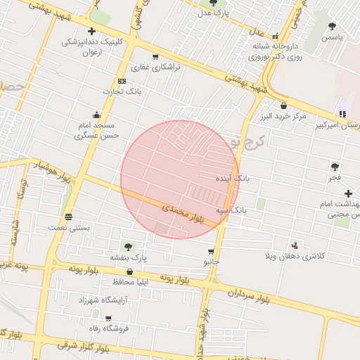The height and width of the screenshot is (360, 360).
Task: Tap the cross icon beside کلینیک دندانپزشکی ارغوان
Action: click(x=91, y=31)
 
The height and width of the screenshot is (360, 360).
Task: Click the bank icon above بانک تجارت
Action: click(x=122, y=80)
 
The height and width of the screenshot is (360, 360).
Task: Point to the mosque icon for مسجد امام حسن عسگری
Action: click(x=97, y=115)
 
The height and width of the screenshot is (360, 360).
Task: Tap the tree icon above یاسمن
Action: click(x=332, y=26)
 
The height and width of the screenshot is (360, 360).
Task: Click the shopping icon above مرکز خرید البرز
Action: click(x=283, y=105)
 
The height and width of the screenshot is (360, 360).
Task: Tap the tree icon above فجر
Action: click(x=335, y=167)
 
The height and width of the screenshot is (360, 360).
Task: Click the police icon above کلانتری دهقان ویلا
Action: click(x=294, y=245)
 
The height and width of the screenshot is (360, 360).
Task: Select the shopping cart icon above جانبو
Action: click(x=211, y=251)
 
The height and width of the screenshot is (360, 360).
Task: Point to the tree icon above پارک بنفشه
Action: click(x=128, y=247)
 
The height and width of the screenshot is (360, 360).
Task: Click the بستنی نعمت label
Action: click(x=67, y=227)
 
